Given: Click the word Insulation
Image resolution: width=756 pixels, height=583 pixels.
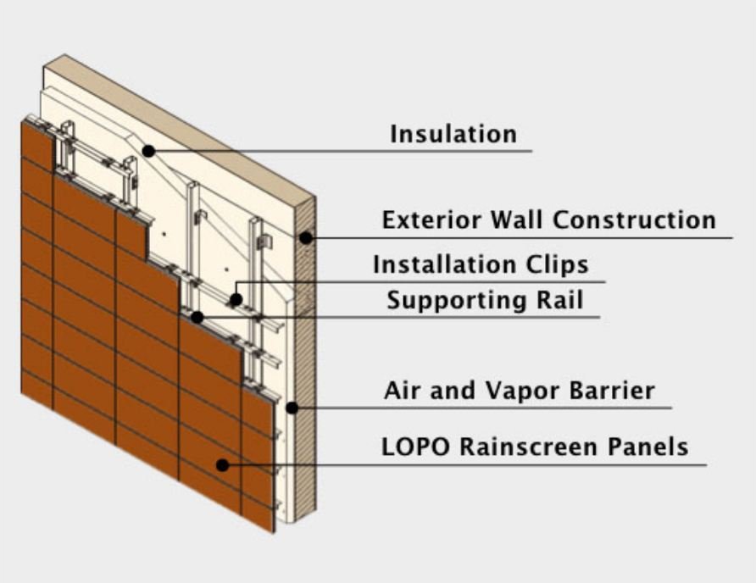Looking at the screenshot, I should pos(453,134).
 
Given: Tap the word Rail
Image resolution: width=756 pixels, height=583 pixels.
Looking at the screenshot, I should pos(562,300).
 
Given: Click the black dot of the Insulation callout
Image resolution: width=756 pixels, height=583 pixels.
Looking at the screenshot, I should pos(148,151).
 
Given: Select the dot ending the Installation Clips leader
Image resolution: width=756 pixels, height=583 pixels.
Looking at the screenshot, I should pos(237,299).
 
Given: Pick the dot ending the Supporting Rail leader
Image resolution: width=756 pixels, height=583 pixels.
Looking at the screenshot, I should pos(197,317).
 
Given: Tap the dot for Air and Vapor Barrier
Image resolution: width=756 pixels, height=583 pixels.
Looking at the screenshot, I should pos(292,408).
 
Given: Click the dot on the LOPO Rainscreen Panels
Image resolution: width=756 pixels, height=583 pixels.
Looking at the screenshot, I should pos(222,464).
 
